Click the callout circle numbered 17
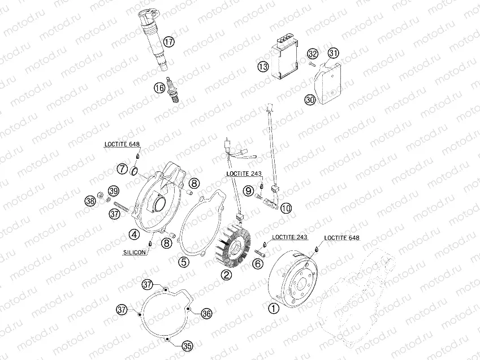point(168,41)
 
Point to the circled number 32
point(313,54)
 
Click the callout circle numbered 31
point(334,54)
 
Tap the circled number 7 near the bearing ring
point(122,168)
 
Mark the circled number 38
point(89,201)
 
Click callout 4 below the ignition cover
point(134,233)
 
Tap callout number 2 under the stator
point(226,275)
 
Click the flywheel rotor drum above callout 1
point(294,277)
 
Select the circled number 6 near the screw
point(258,263)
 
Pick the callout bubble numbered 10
point(286,208)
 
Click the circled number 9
point(249,191)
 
